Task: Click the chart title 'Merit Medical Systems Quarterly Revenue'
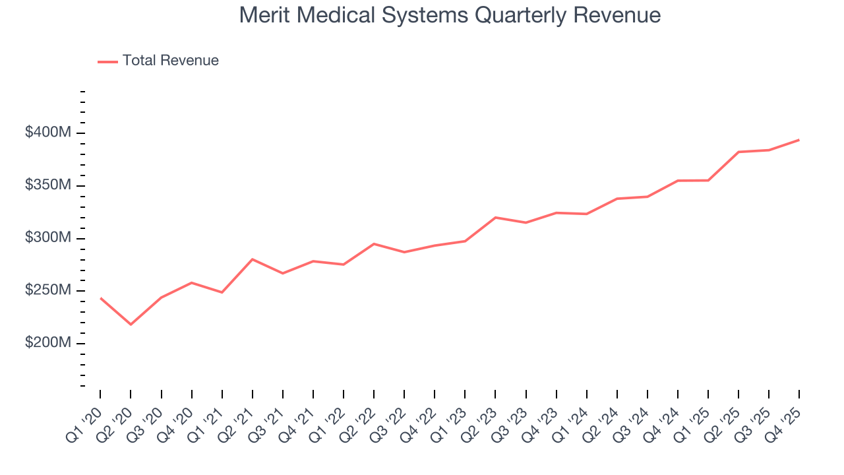pos(450,15)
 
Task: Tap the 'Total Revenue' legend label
pos(170,61)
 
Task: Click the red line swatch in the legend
pos(107,61)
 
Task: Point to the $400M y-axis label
pos(47,133)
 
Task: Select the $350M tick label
pos(47,185)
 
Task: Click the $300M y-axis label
pos(47,238)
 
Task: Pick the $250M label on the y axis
pos(47,291)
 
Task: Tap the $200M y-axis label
pos(47,344)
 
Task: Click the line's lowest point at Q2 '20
pos(131,325)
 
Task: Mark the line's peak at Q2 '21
pos(253,259)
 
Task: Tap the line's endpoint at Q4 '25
pos(799,140)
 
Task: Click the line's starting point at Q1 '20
pos(100,298)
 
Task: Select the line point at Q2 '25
pos(738,152)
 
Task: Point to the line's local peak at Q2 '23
pos(495,217)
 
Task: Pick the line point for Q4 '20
pos(191,282)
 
